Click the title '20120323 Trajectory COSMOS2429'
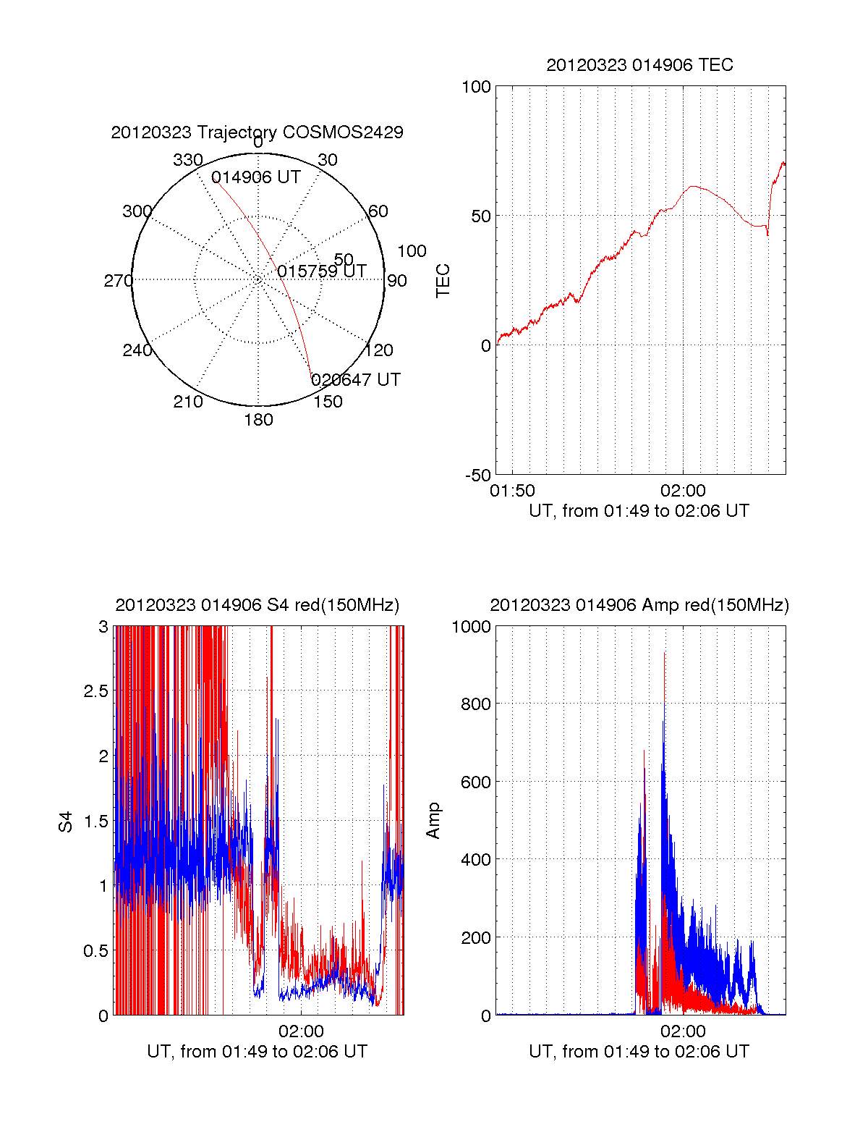[257, 132]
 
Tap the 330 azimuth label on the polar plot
[187, 160]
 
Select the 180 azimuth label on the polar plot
[258, 420]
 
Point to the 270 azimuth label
[118, 281]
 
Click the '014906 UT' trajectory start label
[255, 178]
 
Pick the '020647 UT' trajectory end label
[355, 380]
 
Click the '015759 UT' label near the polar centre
[321, 271]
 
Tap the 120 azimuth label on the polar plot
[378, 350]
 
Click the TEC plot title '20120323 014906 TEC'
[639, 65]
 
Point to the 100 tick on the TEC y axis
[476, 87]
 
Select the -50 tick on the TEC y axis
[478, 476]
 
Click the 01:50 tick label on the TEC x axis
[512, 491]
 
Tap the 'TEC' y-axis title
[443, 281]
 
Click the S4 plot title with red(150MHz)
[257, 605]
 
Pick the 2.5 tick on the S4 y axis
[95, 691]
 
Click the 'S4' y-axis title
[66, 822]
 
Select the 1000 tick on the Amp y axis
[471, 627]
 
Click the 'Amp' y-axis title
[433, 821]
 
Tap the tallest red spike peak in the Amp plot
[664, 653]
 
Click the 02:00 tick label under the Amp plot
[682, 1031]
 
